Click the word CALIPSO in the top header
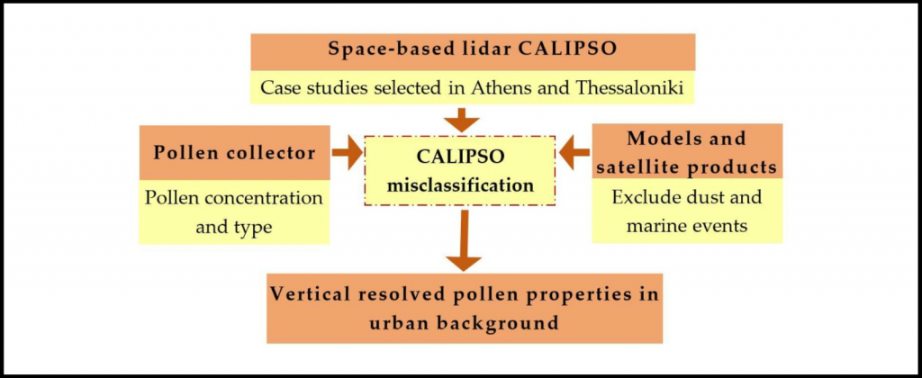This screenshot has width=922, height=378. coord(567,49)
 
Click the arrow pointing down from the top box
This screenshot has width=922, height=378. coord(461,120)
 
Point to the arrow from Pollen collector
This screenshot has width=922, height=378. coord(347,152)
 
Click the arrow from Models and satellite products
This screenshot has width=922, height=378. coord(574,153)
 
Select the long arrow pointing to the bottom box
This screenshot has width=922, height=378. coord(464,240)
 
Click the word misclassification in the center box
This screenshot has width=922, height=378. coord(460,185)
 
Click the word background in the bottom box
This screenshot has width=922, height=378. coord(493,323)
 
